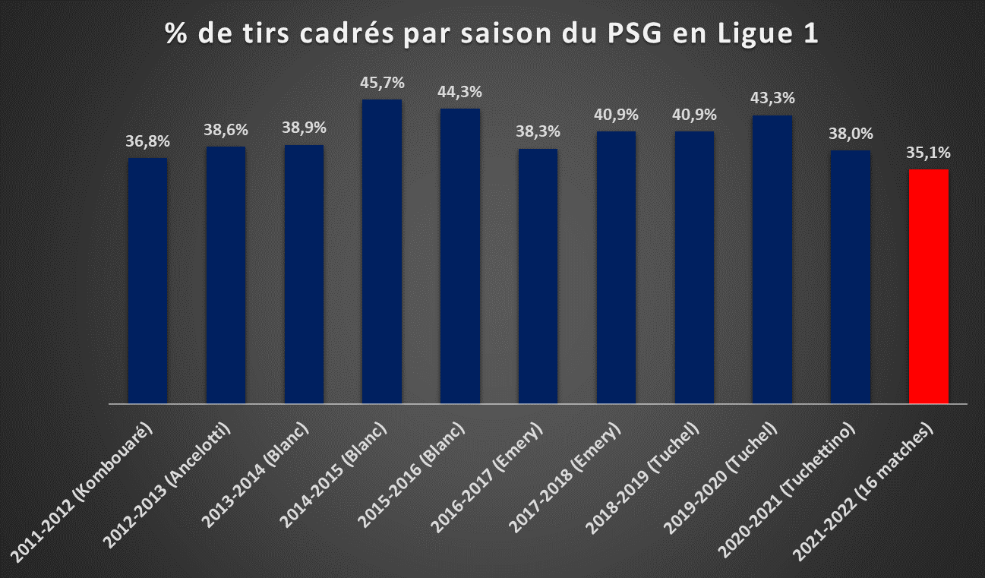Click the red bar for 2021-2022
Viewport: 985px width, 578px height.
tap(928, 286)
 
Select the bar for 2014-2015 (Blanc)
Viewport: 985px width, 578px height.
tap(382, 251)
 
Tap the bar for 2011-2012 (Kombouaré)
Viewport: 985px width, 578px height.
tap(148, 280)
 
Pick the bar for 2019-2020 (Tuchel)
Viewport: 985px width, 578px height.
tap(772, 260)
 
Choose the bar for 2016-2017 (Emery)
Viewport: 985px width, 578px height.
tap(538, 276)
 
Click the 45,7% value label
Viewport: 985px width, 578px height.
tap(382, 83)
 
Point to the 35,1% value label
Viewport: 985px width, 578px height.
tap(928, 153)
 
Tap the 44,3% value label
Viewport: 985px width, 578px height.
tap(459, 92)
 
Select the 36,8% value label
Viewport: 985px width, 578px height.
tap(148, 141)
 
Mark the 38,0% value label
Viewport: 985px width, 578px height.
tap(851, 134)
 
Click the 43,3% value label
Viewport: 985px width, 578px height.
tap(772, 98)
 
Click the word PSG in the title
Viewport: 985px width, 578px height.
tap(635, 33)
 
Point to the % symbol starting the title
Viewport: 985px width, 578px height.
tap(176, 33)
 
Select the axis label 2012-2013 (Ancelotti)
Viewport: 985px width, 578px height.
tap(166, 485)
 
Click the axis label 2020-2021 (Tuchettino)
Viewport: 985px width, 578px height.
tap(787, 490)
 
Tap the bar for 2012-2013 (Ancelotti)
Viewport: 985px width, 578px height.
tap(226, 275)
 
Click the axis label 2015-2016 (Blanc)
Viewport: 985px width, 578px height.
tap(411, 475)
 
